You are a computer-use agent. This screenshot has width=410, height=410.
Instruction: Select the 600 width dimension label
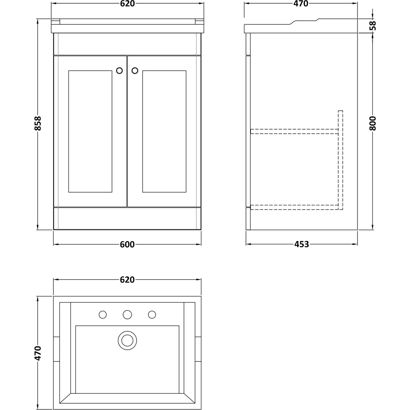click(x=127, y=244)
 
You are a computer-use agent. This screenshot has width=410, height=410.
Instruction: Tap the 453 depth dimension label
click(x=301, y=244)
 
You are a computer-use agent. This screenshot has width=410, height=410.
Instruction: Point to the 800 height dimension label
click(x=372, y=123)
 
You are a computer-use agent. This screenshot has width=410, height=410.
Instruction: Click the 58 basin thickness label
click(x=372, y=26)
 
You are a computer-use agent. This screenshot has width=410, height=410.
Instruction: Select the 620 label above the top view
click(x=127, y=280)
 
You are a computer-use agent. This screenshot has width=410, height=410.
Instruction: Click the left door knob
click(x=120, y=71)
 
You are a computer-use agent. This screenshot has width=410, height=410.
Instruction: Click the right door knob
click(x=134, y=71)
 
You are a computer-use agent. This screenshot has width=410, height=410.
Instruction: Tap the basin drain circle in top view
click(x=127, y=340)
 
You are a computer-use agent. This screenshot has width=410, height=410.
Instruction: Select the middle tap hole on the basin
click(x=127, y=314)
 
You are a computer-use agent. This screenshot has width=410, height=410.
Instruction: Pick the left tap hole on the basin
click(x=102, y=314)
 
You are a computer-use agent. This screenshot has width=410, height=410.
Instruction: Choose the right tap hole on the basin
click(x=152, y=314)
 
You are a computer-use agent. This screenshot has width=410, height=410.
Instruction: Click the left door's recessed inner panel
click(x=91, y=131)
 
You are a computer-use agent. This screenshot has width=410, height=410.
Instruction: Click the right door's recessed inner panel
click(x=164, y=131)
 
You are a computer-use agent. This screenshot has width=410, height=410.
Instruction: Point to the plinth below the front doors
click(x=127, y=218)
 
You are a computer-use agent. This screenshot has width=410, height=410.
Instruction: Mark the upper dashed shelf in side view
click(x=293, y=131)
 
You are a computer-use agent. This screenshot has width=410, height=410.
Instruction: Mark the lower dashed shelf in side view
click(x=293, y=207)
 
